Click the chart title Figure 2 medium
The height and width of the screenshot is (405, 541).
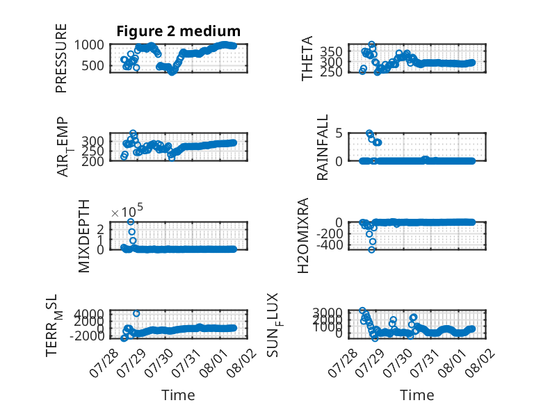click(179, 31)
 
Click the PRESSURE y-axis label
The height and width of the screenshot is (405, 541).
click(61, 58)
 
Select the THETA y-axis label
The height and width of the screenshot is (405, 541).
click(307, 58)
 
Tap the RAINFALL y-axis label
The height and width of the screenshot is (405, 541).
click(322, 147)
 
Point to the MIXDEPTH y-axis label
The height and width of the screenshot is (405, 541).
click(84, 236)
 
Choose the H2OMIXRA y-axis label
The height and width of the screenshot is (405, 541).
click(302, 235)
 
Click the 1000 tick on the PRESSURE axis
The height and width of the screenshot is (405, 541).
click(89, 45)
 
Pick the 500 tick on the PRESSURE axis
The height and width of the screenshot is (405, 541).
click(92, 65)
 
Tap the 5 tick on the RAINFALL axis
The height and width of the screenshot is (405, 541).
click(339, 133)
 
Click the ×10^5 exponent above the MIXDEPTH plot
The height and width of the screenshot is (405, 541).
click(127, 210)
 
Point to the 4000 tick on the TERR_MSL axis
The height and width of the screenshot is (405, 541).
click(89, 313)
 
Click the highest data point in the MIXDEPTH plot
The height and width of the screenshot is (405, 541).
click(131, 222)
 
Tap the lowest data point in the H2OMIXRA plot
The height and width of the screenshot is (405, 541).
click(371, 249)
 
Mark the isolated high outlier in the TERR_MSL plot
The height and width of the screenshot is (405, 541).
click(136, 313)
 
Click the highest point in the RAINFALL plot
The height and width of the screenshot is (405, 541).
click(369, 133)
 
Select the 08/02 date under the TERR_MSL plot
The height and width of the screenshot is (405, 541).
click(241, 362)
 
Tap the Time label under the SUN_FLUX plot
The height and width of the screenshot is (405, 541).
click(417, 395)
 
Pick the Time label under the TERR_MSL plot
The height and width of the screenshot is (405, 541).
click(179, 395)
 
